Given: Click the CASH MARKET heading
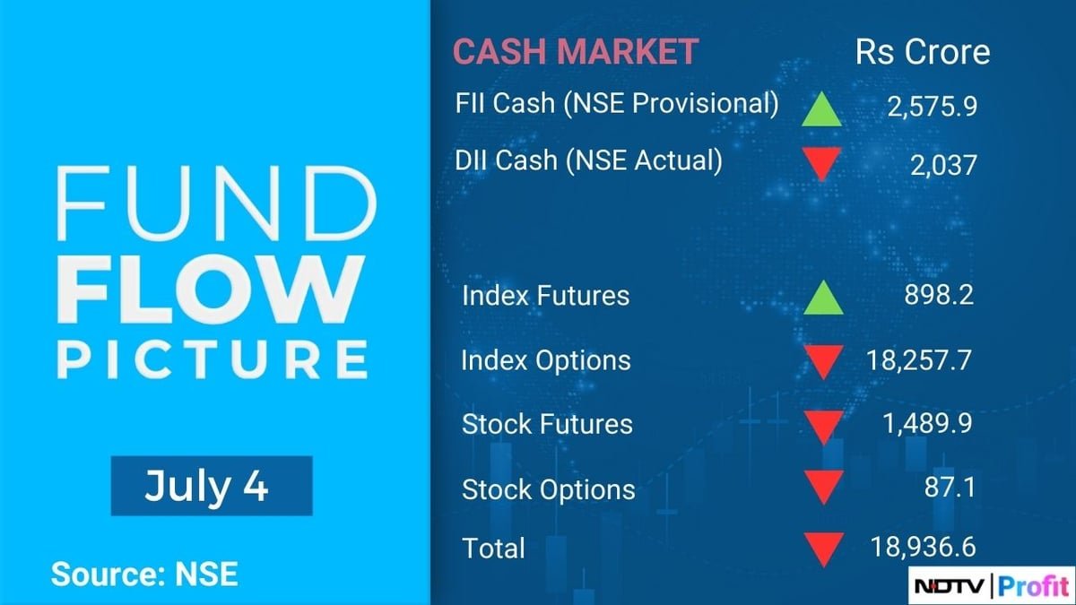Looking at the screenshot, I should tap(575, 51).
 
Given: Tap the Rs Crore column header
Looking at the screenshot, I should tap(923, 51).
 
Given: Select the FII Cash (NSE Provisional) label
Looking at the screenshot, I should tap(617, 103).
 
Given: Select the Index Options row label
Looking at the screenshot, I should tap(546, 360).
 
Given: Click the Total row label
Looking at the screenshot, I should tap(493, 547).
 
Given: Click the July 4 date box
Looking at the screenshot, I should tap(212, 486).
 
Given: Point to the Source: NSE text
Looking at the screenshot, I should tap(144, 574).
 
